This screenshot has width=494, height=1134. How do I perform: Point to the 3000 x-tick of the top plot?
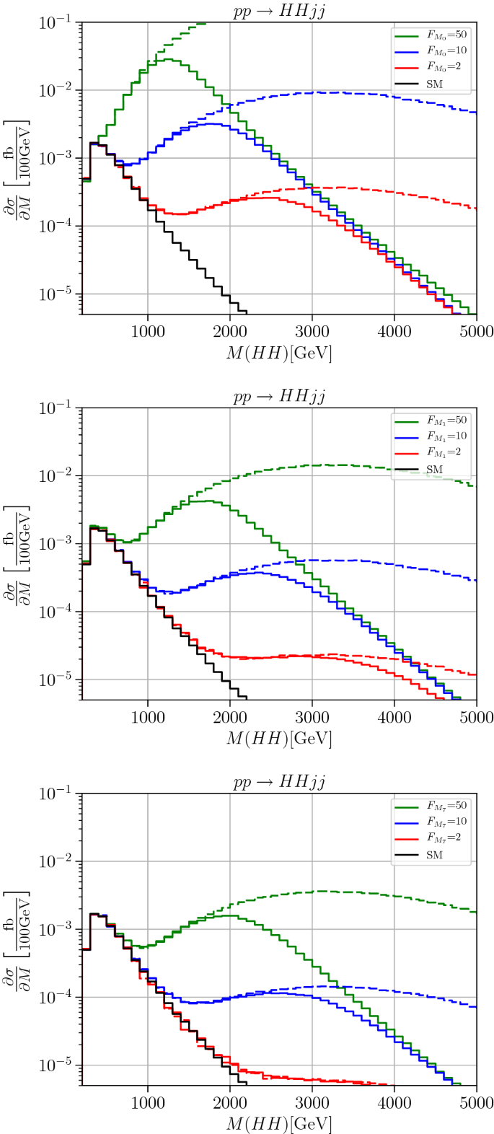312,325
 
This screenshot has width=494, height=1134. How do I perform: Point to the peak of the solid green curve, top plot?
168,59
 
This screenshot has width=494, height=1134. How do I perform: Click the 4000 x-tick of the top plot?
394,325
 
